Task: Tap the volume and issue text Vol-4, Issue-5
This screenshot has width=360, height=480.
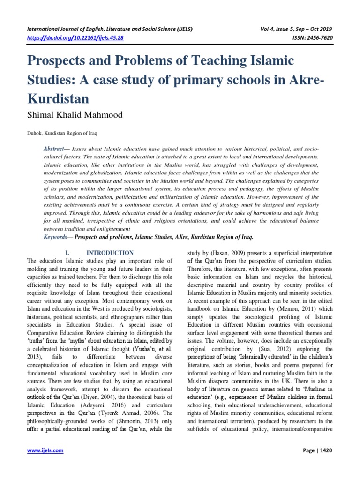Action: [x=288, y=29]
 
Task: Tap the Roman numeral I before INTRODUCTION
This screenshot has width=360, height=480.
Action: [x=67, y=253]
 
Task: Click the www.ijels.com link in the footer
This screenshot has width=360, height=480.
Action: [x=45, y=451]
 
